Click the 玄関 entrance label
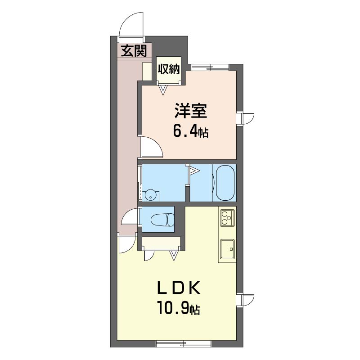pos(134,51)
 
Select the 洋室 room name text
pos(191,111)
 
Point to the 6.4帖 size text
pos(190,132)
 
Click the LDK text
pos(178,288)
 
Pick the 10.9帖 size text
pos(178,308)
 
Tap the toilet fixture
pos(162,219)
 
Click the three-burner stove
pos(227,217)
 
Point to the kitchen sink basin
pos(228,249)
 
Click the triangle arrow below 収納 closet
pos(163,90)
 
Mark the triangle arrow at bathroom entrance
pos(194,171)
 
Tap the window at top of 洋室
pos(211,67)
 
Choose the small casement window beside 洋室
pos(245,118)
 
